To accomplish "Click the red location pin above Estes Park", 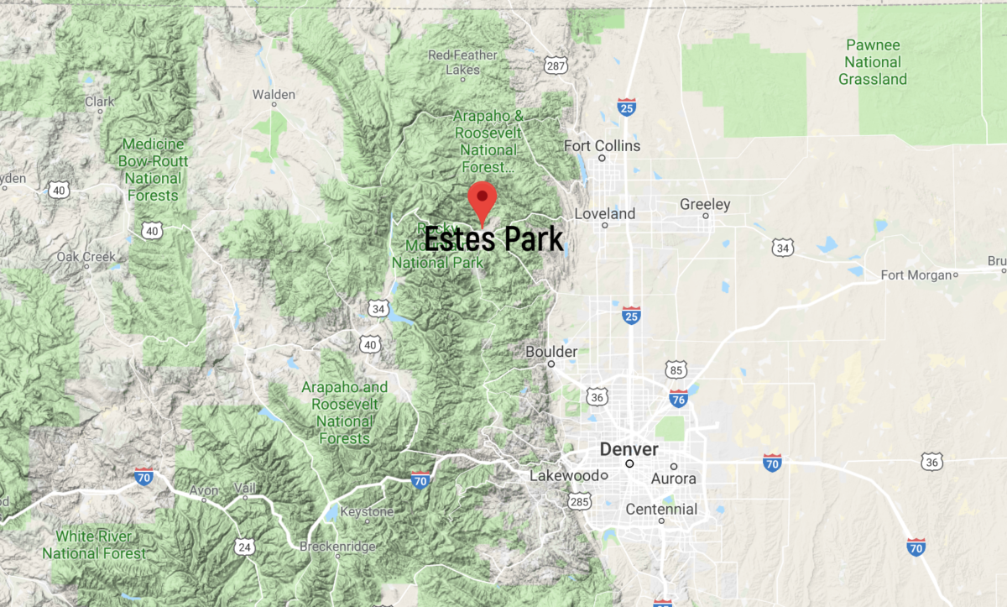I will pyautogui.click(x=482, y=199).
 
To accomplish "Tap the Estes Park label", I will pyautogui.click(x=493, y=239).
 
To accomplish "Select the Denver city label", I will pyautogui.click(x=629, y=450).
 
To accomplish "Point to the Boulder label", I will pyautogui.click(x=551, y=352).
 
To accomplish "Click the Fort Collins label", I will pyautogui.click(x=602, y=146).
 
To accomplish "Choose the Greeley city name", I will pyautogui.click(x=705, y=205).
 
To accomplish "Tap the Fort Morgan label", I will pyautogui.click(x=916, y=275).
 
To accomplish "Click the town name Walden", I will pyautogui.click(x=274, y=94).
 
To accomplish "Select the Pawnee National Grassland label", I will pyautogui.click(x=873, y=62).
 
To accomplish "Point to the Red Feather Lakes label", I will pyautogui.click(x=462, y=62).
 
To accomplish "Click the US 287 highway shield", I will pyautogui.click(x=555, y=65).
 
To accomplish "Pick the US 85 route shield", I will pyautogui.click(x=677, y=369).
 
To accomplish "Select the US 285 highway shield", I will pyautogui.click(x=579, y=501).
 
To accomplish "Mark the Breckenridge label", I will pyautogui.click(x=337, y=547).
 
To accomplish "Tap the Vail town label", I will pyautogui.click(x=245, y=489).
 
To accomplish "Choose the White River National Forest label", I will pyautogui.click(x=93, y=545).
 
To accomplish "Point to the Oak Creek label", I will pyautogui.click(x=86, y=256).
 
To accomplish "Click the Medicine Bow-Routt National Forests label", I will pyautogui.click(x=152, y=170).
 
